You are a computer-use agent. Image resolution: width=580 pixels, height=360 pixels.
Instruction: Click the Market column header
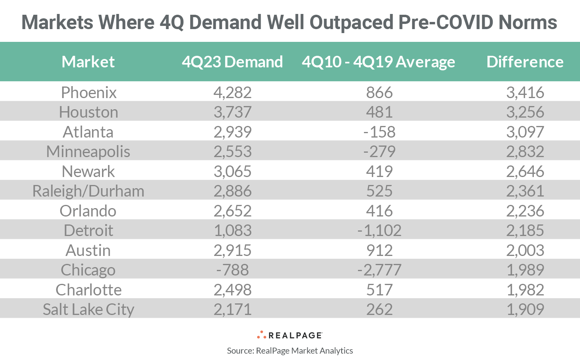tap(88, 62)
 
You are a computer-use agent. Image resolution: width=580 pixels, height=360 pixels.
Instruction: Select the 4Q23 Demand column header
tap(232, 62)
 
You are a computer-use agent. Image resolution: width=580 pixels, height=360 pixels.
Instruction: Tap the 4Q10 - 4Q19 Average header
tap(378, 62)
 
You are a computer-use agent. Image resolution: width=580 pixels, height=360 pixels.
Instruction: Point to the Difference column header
tap(525, 62)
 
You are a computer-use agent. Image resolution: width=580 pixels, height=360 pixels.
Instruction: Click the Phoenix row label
tap(88, 92)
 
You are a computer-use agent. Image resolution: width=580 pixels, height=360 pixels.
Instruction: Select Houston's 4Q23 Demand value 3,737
tap(232, 112)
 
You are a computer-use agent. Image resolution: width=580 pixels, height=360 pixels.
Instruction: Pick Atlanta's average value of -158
tap(379, 132)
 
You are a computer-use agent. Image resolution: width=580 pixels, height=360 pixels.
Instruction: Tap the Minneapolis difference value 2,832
tap(525, 151)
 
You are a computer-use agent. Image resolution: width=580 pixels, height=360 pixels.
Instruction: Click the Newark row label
tap(88, 171)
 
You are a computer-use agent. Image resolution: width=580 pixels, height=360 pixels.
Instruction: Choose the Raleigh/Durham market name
tap(88, 191)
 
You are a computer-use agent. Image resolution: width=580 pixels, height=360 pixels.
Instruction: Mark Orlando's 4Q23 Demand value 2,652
tap(232, 211)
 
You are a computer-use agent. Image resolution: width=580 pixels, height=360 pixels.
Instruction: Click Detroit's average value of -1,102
tap(379, 230)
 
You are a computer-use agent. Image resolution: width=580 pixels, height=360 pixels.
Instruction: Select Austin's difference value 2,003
tap(525, 250)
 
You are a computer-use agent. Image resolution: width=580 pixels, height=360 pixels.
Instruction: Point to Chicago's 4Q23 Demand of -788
tap(232, 270)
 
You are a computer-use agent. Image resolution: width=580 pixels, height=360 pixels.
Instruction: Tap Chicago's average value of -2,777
tap(379, 270)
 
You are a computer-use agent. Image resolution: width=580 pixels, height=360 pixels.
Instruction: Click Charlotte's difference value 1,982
tap(525, 290)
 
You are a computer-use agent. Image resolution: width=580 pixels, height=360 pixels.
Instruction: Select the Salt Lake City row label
tap(88, 309)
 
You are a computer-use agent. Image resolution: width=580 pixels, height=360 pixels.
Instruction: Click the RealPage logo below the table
tap(290, 335)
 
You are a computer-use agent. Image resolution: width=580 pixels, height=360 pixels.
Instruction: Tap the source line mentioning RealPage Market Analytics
tap(290, 351)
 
